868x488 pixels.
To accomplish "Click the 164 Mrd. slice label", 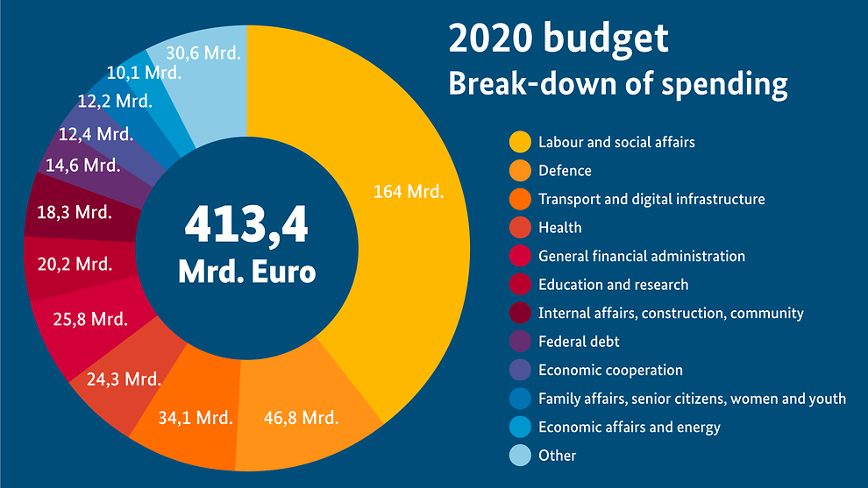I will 409,191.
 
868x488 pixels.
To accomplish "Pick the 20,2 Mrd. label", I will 75,264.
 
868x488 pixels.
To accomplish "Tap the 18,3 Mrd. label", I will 75,212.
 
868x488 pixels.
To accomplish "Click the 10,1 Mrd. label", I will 144,73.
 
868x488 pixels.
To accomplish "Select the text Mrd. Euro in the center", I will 246,271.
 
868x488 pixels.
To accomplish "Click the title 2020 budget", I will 558,39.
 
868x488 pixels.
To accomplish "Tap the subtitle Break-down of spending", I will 617,84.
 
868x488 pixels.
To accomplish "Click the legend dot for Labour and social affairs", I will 520,142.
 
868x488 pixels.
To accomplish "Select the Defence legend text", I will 565,171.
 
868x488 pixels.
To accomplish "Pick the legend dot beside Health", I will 520,228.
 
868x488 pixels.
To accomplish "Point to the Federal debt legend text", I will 579,342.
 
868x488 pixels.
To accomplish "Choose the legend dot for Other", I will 520,456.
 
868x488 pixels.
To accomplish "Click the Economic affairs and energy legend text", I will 629,427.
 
